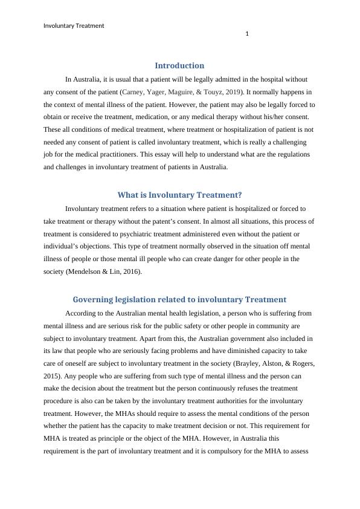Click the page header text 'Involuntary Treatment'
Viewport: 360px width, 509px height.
(x=74, y=25)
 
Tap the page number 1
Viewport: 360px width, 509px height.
(x=246, y=34)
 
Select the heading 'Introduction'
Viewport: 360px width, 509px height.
(x=179, y=65)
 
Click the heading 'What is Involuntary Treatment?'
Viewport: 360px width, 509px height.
(x=179, y=195)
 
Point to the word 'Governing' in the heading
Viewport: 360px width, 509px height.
(x=91, y=299)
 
